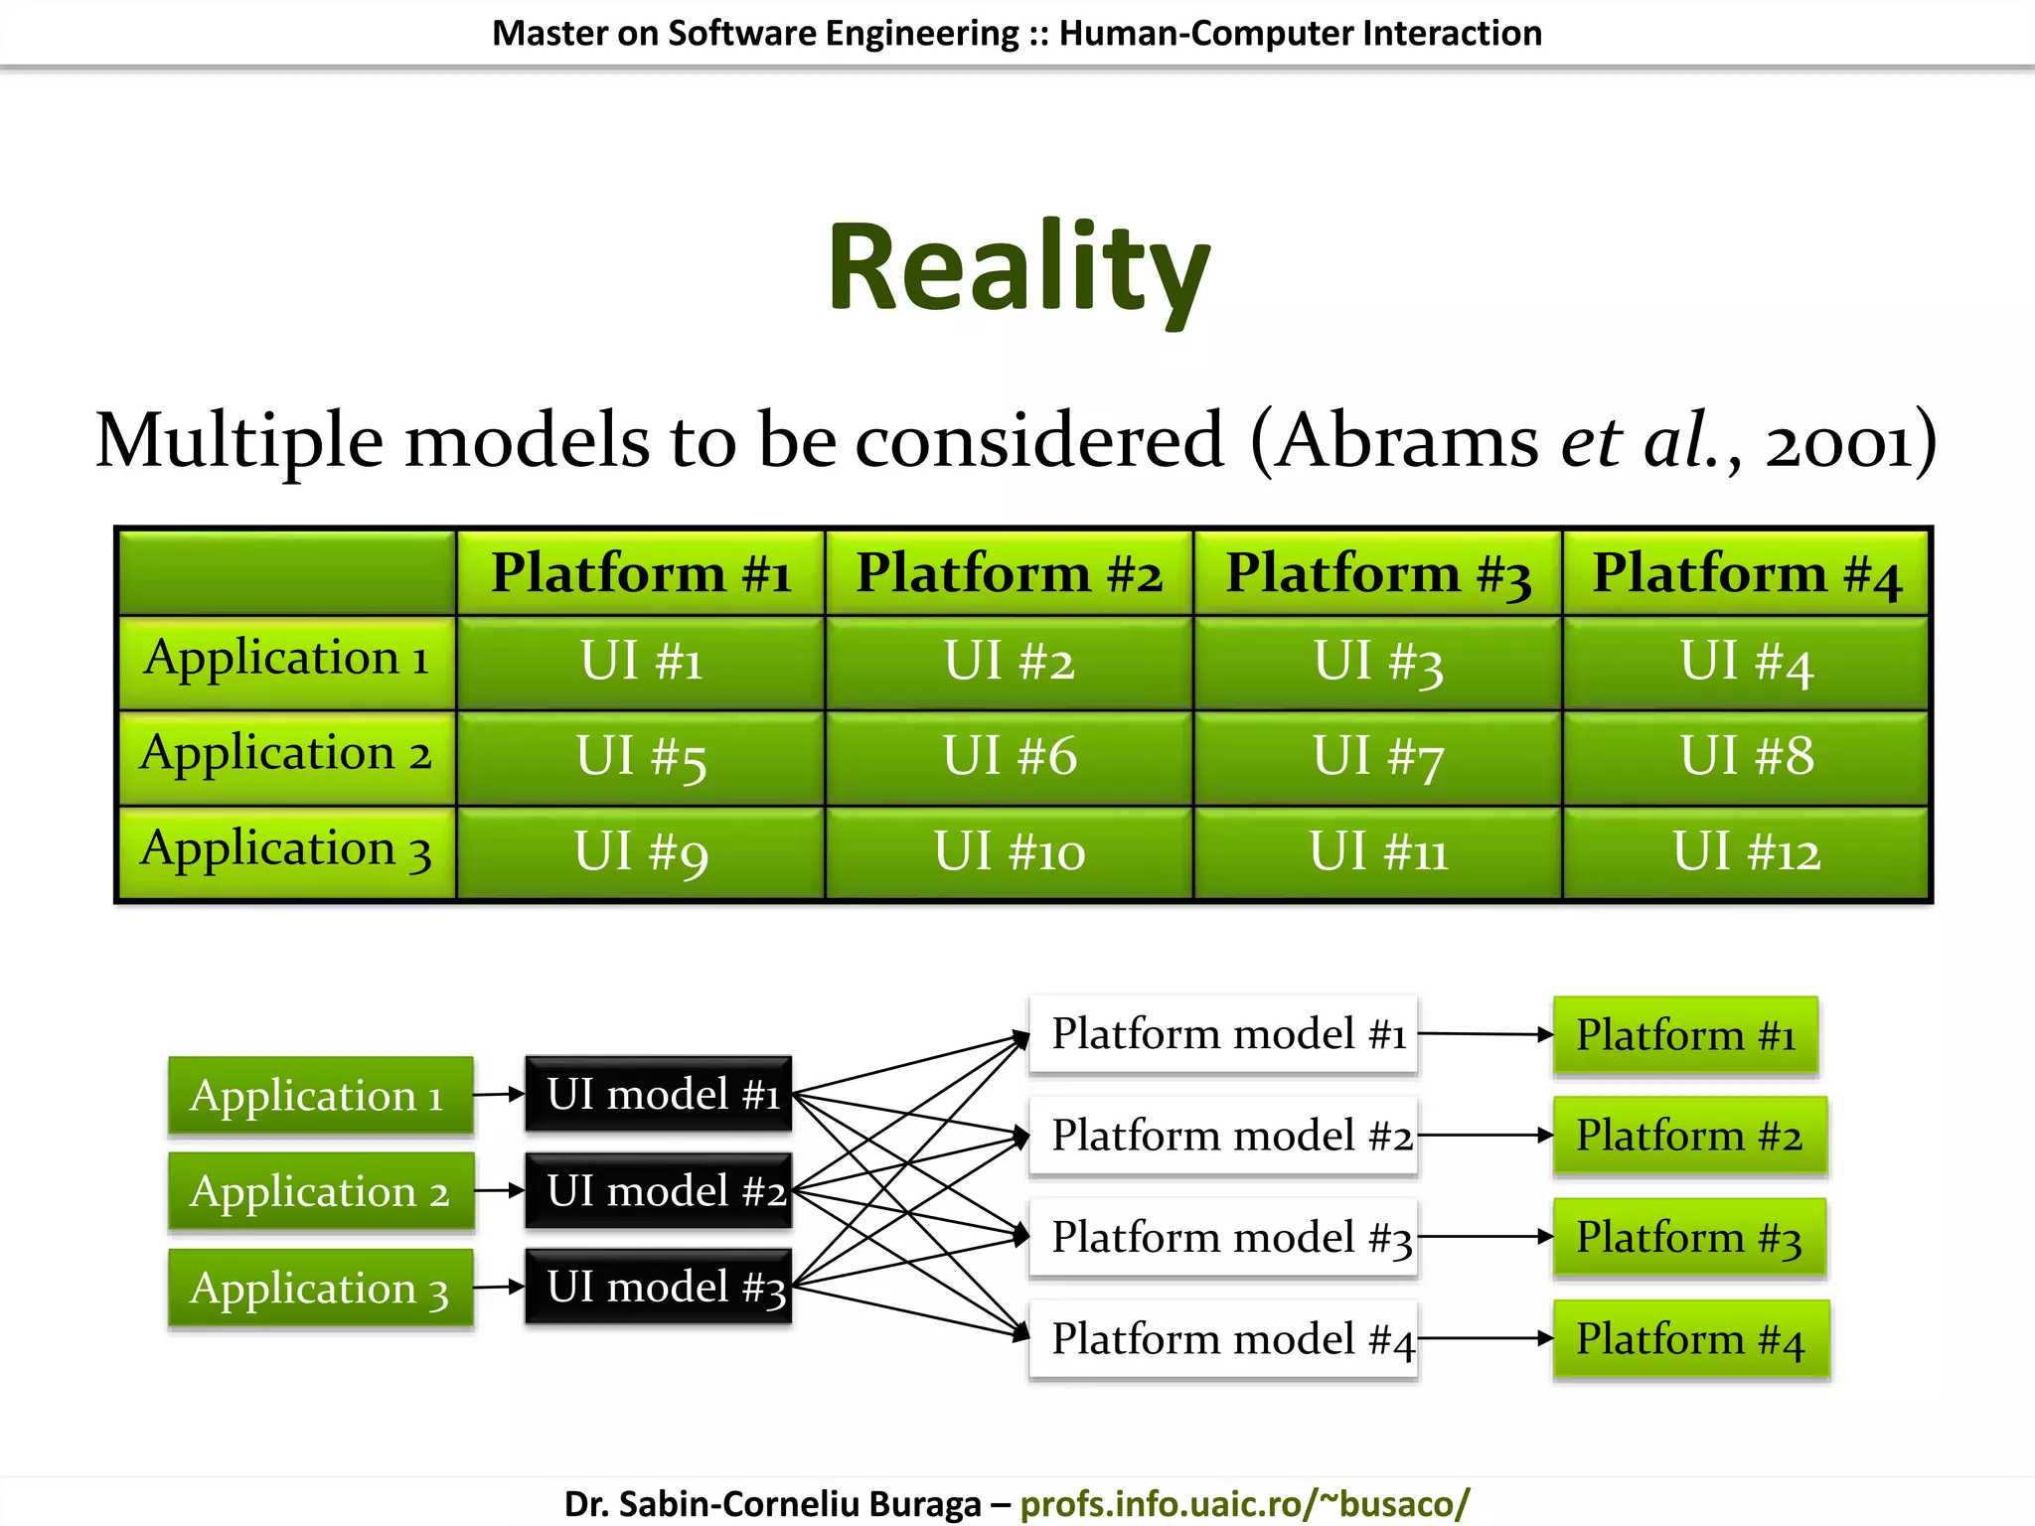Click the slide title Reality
(x=1018, y=268)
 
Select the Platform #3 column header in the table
(x=1377, y=573)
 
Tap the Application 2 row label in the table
(x=286, y=755)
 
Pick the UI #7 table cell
(x=1377, y=757)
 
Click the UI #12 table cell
(x=1746, y=852)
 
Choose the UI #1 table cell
(x=641, y=662)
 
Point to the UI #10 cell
(x=1009, y=852)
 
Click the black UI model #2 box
(x=659, y=1190)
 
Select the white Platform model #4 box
(x=1223, y=1338)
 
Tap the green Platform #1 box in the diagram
(x=1685, y=1035)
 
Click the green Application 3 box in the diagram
(x=320, y=1288)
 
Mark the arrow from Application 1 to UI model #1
(x=499, y=1094)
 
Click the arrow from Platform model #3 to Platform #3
(x=1485, y=1237)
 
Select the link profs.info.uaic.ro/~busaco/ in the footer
(x=1244, y=1503)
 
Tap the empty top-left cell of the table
(x=287, y=573)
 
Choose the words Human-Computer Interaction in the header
(x=1300, y=33)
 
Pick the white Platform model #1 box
(x=1223, y=1034)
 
